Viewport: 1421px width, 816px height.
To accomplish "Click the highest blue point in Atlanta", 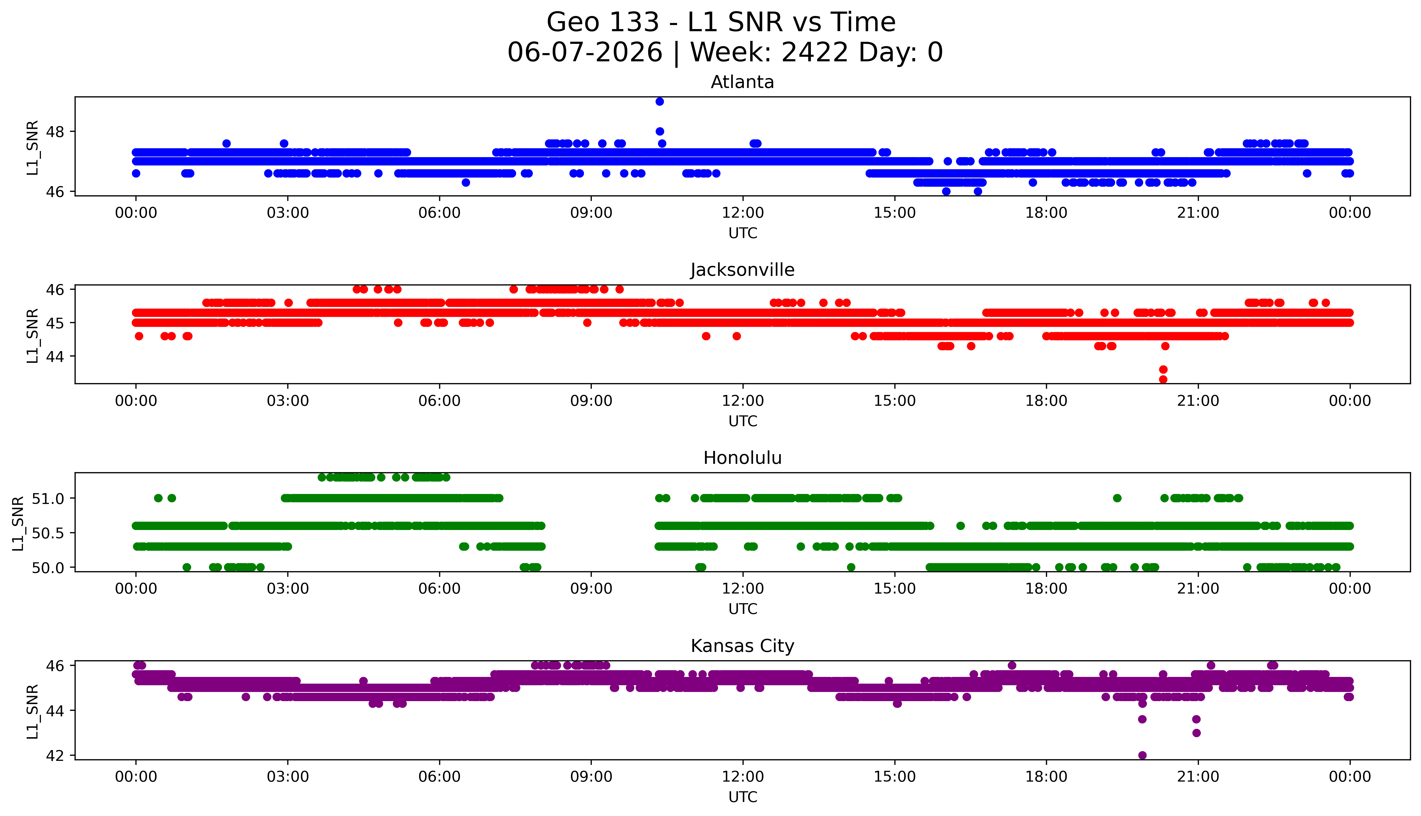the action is tap(659, 101).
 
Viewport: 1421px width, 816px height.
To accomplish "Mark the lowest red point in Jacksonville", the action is tap(1163, 379).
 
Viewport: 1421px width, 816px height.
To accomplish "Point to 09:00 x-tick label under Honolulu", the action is tap(591, 589).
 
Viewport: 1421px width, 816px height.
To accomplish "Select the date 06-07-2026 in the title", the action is tap(585, 53).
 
